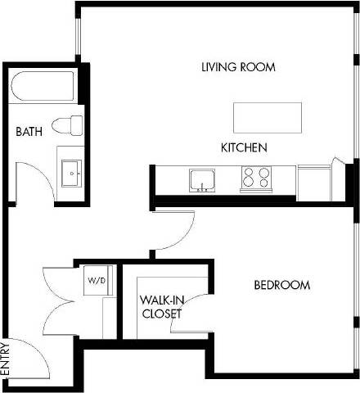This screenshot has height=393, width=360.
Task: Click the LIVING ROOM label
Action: (x=237, y=67)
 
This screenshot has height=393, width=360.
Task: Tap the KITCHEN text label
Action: (x=245, y=148)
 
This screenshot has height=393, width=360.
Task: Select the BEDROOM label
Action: (x=281, y=286)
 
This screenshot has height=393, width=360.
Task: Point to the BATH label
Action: (x=30, y=132)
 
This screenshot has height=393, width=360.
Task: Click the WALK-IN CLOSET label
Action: (x=160, y=306)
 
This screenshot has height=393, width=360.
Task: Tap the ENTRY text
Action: (x=6, y=358)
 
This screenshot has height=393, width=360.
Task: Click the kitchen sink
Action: (x=201, y=178)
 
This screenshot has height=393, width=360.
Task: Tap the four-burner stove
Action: (x=255, y=178)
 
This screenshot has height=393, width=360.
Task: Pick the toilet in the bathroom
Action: (x=67, y=125)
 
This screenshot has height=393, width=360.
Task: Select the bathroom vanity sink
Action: (x=72, y=173)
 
